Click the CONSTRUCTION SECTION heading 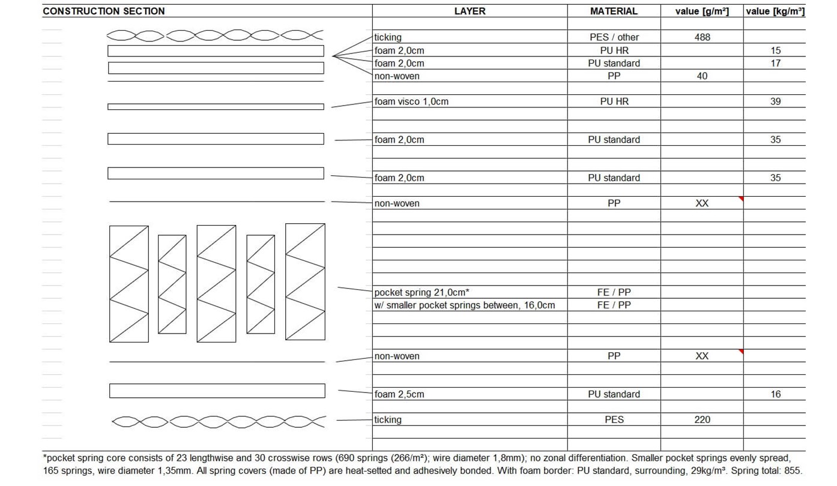103,11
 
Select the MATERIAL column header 614,11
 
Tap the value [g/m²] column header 702,11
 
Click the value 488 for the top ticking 702,37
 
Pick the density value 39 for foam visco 775,101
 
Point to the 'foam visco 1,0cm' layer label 411,101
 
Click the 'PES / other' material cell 614,37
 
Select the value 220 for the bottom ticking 702,419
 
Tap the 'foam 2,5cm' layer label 399,394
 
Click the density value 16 775,394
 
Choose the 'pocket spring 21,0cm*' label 422,292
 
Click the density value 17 775,63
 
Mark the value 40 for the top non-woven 702,76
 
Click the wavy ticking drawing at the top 215,35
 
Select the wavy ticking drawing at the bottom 219,422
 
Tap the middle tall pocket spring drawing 216,283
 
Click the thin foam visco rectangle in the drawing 216,107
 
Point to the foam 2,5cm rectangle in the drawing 217,391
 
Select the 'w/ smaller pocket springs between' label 464,305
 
